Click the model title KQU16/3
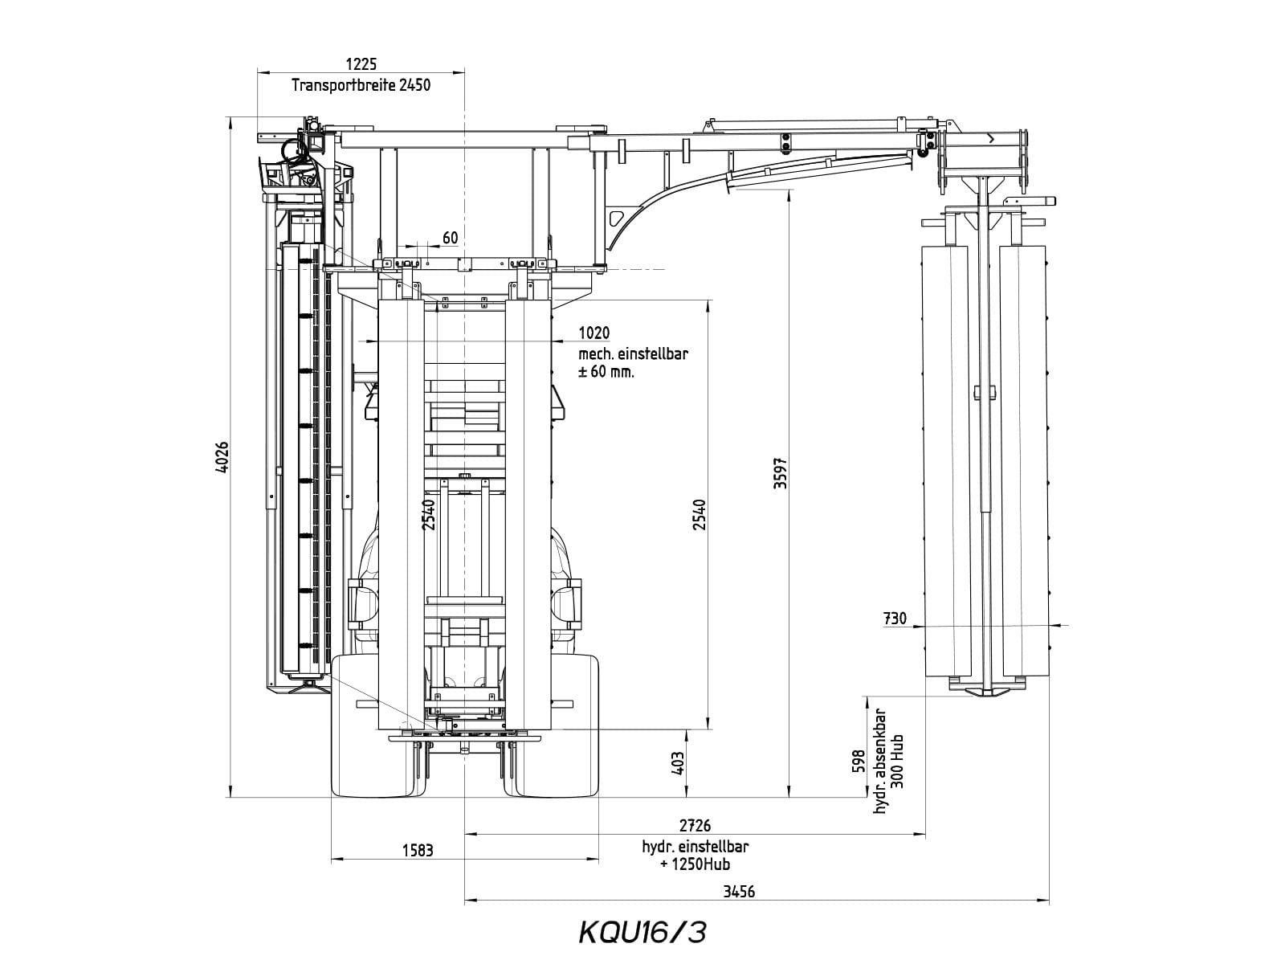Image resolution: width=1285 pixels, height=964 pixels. (x=642, y=933)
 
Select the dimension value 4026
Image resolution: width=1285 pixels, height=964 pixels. (x=222, y=457)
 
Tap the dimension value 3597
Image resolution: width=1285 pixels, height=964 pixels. (x=781, y=473)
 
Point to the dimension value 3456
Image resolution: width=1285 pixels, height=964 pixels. (x=739, y=892)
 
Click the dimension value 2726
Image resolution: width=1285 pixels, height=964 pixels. (x=695, y=825)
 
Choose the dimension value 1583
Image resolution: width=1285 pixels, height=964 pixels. (x=418, y=850)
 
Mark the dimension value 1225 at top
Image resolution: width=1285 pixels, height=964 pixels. (x=361, y=63)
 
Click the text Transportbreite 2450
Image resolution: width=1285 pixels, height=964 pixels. (x=361, y=85)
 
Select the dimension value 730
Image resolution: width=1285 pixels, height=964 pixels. (x=895, y=618)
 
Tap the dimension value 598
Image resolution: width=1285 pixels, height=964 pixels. (x=859, y=761)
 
